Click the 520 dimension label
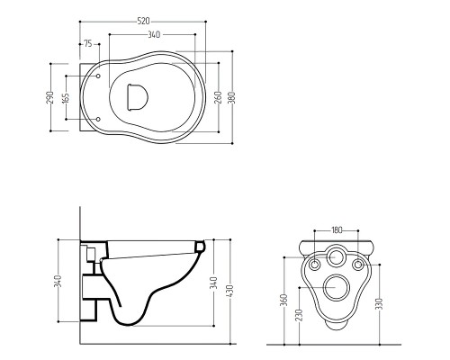tap(143, 22)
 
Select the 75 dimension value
tap(88, 44)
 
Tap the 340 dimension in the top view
tap(154, 35)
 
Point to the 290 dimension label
tap(49, 97)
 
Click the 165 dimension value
tap(66, 98)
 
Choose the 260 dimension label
tap(219, 97)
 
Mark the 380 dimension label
tap(232, 97)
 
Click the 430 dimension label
tap(230, 291)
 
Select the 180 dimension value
tap(337, 230)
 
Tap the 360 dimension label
tap(284, 300)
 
